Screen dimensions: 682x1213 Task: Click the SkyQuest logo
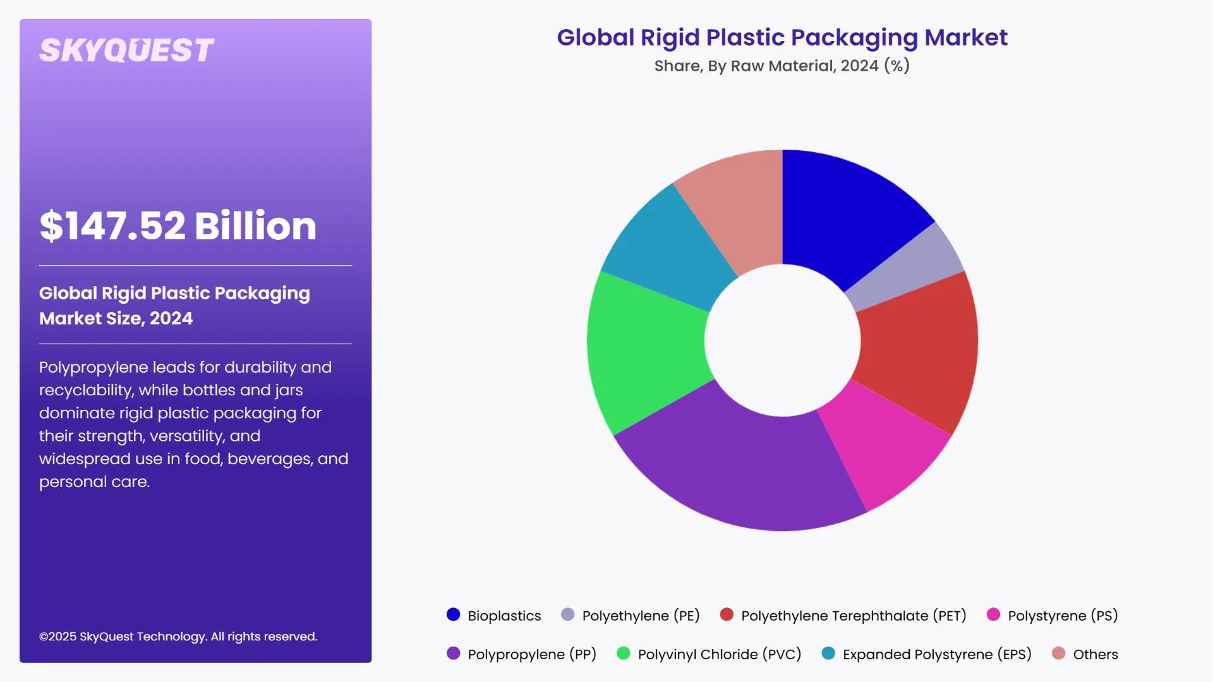(126, 51)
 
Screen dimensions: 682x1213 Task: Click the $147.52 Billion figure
(178, 225)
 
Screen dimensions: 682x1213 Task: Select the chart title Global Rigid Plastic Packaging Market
(782, 37)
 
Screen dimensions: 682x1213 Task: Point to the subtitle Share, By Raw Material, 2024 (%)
(782, 66)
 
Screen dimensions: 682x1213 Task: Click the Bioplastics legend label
(504, 616)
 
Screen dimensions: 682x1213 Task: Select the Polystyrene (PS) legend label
(1063, 616)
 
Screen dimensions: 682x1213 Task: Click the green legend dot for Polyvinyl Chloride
(623, 654)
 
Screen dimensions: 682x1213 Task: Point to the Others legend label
(1095, 654)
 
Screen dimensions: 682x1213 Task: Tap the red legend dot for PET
(727, 614)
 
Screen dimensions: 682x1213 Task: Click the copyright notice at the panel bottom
(178, 637)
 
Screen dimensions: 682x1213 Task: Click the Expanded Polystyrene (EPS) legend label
(937, 654)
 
